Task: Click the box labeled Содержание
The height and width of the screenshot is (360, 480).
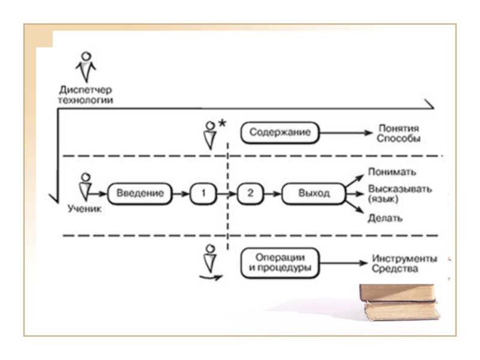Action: point(280,133)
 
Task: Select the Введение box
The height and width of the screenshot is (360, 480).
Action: point(139,194)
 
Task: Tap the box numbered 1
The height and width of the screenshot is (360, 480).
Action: point(203,194)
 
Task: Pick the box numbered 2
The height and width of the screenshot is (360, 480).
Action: point(251,194)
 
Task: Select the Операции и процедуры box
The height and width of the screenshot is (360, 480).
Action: point(280,263)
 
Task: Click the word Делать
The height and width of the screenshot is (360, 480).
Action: point(385,218)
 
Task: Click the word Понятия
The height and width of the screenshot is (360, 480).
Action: point(399,128)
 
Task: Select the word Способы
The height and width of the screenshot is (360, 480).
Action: point(399,139)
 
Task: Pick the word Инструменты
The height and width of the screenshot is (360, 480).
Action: point(404,259)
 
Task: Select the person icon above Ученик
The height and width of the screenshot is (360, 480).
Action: point(86,186)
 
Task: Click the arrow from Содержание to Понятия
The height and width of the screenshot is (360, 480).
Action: point(346,133)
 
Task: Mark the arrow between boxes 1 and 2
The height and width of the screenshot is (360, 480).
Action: point(226,194)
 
